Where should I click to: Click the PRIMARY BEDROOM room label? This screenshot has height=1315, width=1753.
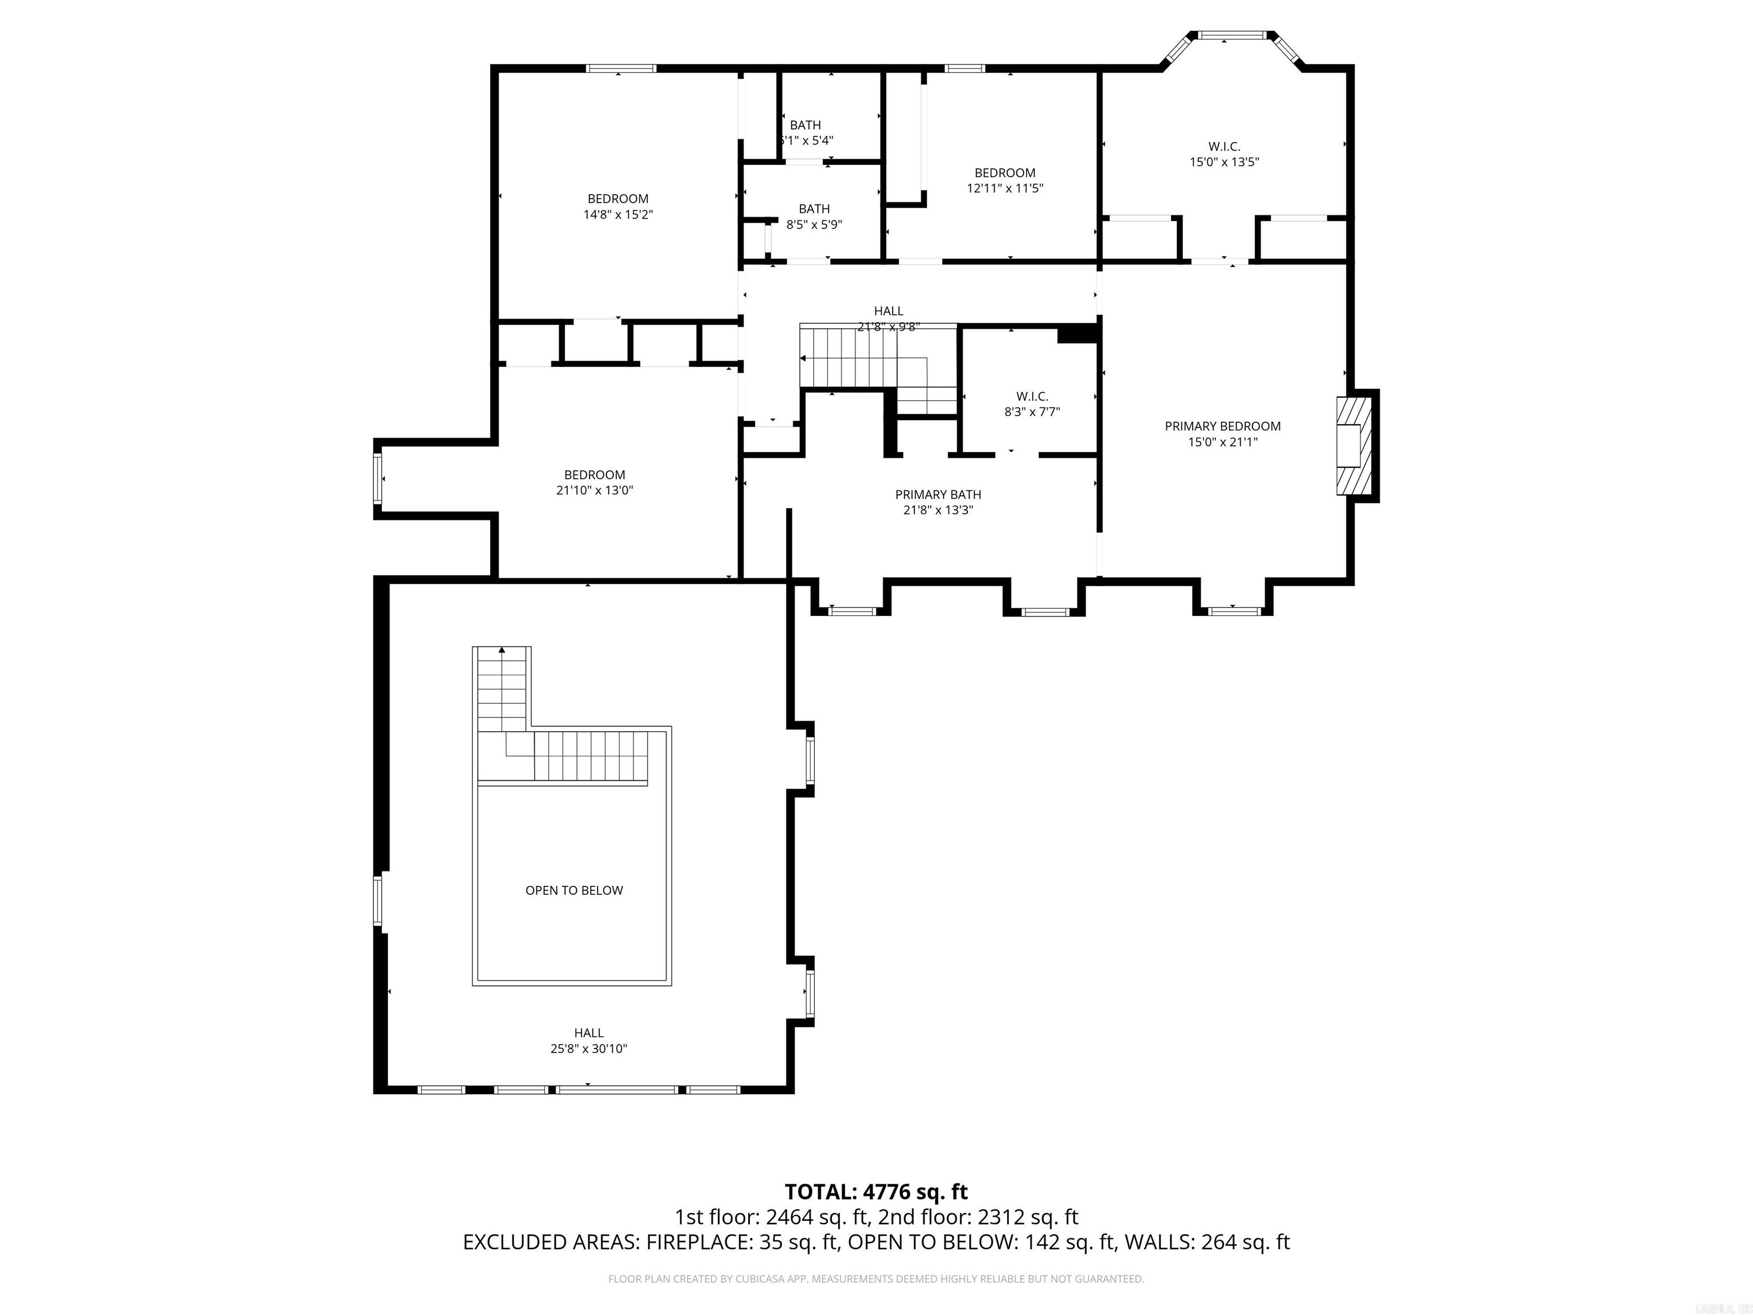point(1222,426)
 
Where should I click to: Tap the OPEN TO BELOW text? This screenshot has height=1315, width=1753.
point(573,890)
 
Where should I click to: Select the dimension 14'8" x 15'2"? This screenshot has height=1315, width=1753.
point(618,215)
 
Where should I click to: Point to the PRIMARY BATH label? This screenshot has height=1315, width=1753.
point(938,495)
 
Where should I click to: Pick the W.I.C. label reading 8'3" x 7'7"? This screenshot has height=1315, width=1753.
point(1032,396)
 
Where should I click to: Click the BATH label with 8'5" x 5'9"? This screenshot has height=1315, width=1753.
point(814,209)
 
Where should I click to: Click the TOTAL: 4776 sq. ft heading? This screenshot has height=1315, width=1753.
point(876,1192)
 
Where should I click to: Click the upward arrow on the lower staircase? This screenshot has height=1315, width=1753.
point(502,651)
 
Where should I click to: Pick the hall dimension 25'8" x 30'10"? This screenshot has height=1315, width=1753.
point(589,1048)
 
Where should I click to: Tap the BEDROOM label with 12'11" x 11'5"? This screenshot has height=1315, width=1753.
point(1005,173)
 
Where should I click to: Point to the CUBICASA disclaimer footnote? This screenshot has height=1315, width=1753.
point(876,1278)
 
